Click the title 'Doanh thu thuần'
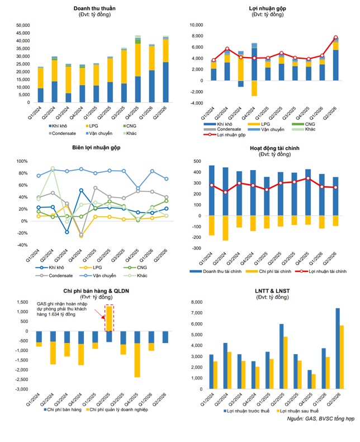94,8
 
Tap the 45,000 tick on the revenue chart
23,33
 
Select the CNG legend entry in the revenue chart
130,126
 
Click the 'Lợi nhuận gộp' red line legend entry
225,135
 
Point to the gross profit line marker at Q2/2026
335,37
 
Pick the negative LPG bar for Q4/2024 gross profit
254,88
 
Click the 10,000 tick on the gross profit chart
196,25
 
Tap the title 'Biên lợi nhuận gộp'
96,148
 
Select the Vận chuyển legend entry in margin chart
98,275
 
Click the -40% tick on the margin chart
22,245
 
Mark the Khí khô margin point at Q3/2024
67,232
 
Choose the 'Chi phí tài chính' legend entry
268,271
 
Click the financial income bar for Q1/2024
211,191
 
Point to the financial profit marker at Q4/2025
308,178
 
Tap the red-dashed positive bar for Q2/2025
109,318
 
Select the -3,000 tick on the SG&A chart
22,389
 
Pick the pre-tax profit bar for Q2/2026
338,349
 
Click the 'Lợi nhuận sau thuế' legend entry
298,411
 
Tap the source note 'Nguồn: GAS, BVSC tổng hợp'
320,419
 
